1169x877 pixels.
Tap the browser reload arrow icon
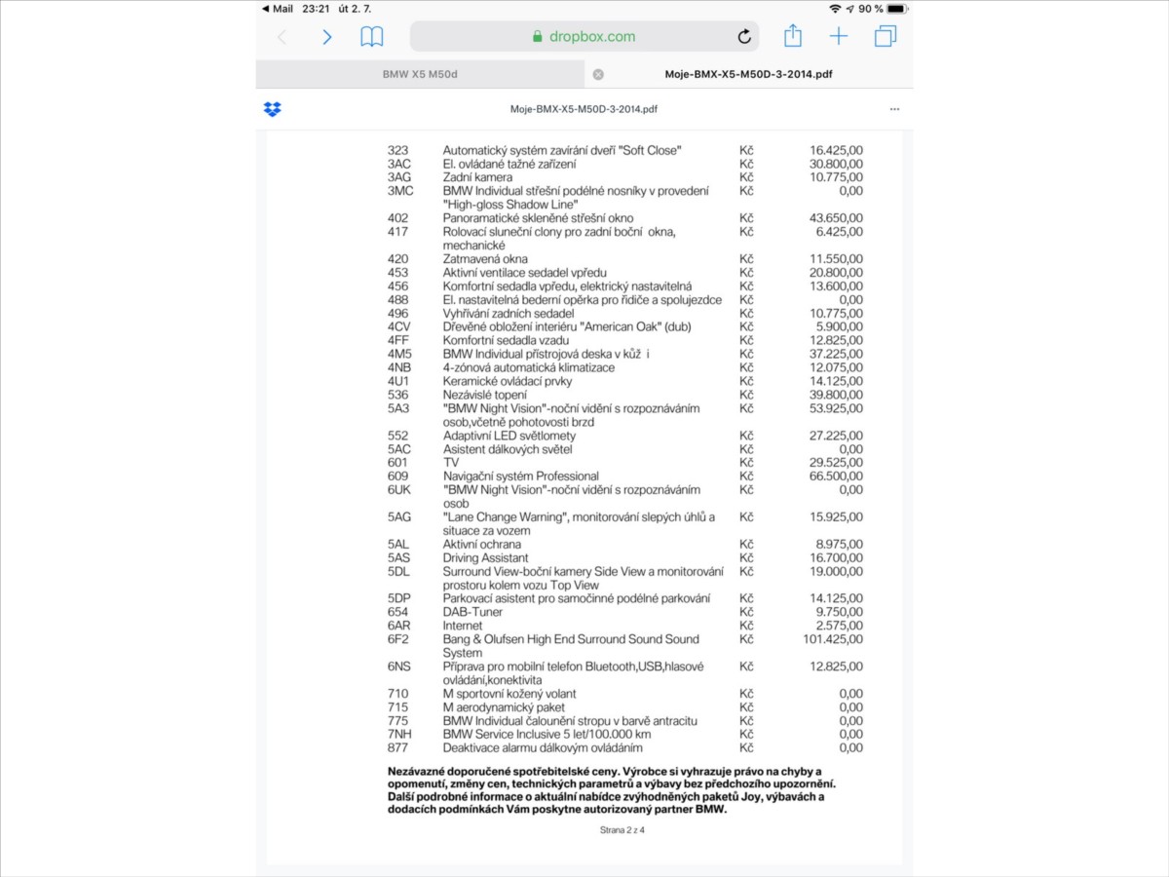[x=744, y=37]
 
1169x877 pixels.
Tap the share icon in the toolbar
[x=793, y=36]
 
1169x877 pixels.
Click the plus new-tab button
[x=839, y=36]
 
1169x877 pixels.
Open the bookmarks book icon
[x=371, y=37]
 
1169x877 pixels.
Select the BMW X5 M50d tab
[x=421, y=74]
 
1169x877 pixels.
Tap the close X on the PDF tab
[x=598, y=74]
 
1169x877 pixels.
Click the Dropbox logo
[x=273, y=109]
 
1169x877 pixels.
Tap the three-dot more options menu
[x=894, y=109]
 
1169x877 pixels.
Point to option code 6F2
[x=398, y=639]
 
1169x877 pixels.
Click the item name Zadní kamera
[x=477, y=177]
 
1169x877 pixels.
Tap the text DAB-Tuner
[x=473, y=612]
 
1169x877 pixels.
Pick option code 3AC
[x=399, y=164]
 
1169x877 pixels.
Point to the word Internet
[x=463, y=626]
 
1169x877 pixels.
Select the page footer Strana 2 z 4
[x=622, y=830]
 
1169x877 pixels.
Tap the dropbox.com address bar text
[x=591, y=37]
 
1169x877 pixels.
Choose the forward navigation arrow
[x=327, y=37]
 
